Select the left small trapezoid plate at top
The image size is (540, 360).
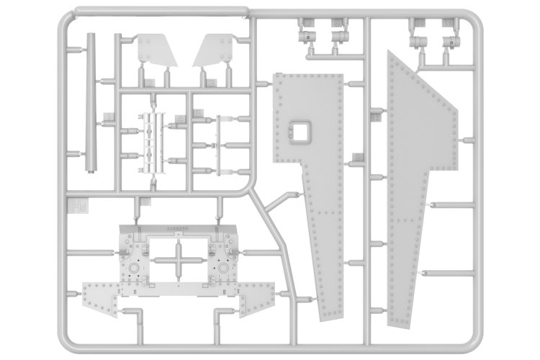coord(152,50)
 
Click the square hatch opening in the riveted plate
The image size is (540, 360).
coord(297,131)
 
